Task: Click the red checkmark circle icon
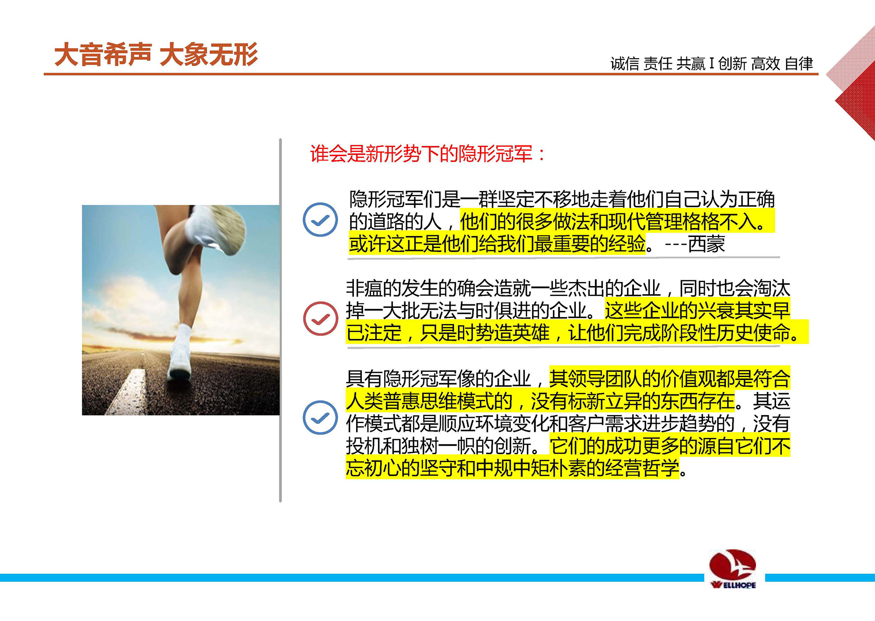(x=321, y=318)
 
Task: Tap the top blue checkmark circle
(x=320, y=219)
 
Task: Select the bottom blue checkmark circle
(x=320, y=417)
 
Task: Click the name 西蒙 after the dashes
(x=706, y=244)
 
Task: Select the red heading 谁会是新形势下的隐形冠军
(x=421, y=154)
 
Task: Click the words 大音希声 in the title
(x=103, y=55)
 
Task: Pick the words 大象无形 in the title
(x=209, y=55)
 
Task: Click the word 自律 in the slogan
(x=799, y=64)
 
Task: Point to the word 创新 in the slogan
(x=732, y=64)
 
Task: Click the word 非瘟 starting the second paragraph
(x=364, y=288)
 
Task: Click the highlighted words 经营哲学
(x=643, y=468)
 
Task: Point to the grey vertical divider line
(x=280, y=320)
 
